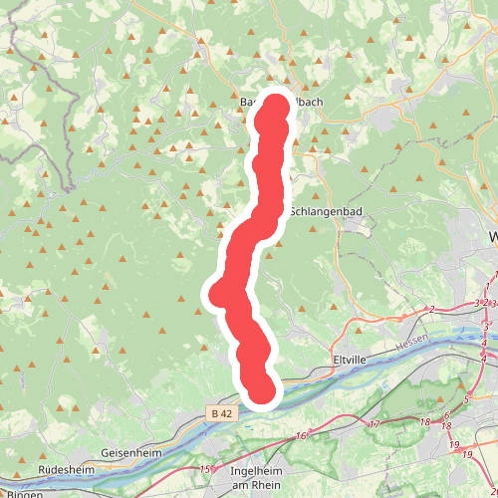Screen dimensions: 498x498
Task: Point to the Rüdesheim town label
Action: coord(67,468)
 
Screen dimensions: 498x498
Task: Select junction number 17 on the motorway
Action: coord(375,424)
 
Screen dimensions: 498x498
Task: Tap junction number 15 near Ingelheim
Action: coord(205,469)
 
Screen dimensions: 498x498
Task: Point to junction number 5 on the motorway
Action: coord(465,400)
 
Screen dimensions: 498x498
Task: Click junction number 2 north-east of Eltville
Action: coord(432,310)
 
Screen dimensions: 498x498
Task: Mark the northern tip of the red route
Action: coord(274,103)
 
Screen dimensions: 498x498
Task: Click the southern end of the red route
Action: coord(260,391)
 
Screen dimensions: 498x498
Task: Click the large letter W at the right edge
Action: coord(493,237)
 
